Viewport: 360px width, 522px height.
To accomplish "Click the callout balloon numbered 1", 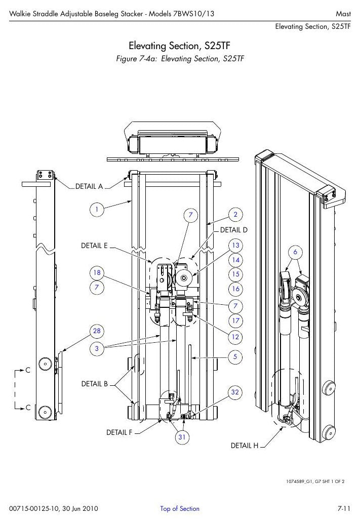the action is coord(97,210).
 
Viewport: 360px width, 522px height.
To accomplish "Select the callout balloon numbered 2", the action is coord(235,214).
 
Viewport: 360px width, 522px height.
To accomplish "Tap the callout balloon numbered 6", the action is coord(295,252).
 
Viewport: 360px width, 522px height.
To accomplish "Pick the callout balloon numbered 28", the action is coord(97,331).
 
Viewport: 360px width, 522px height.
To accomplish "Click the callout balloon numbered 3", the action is coord(97,348).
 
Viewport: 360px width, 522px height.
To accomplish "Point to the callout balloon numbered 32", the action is coord(235,392).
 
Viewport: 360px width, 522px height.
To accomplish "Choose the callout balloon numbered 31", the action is coord(182,437).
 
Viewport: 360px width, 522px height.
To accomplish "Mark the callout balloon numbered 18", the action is coord(97,273).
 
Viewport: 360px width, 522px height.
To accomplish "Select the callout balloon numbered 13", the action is coord(235,246).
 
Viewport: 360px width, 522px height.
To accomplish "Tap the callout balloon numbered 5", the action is coord(235,357).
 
